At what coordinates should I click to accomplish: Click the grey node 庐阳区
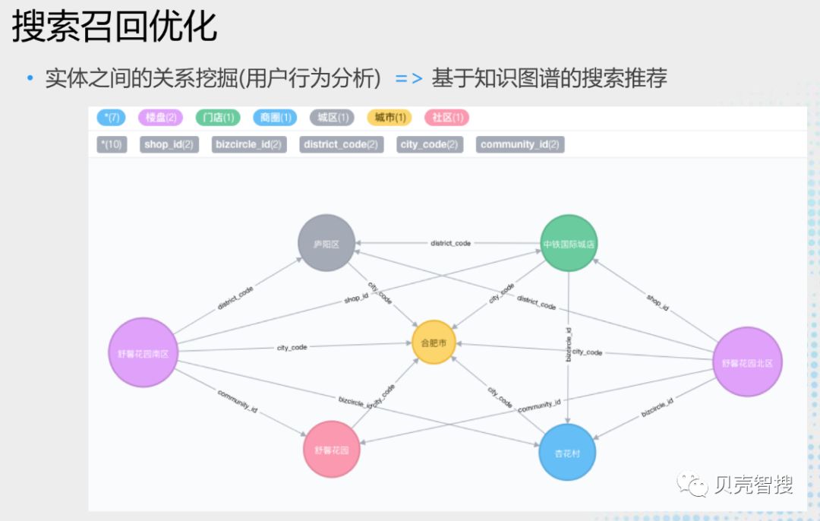326,244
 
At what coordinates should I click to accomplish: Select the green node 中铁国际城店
569,244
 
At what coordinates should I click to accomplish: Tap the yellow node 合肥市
434,343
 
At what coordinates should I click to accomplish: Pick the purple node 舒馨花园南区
143,353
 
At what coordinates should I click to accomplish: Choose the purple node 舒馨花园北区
747,362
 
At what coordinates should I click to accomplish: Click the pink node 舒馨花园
331,450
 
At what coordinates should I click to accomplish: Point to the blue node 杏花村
567,453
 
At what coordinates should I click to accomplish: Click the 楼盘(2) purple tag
160,118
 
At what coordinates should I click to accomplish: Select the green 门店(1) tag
218,118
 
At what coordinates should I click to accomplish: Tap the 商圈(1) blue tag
275,118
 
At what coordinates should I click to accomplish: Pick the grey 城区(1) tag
333,118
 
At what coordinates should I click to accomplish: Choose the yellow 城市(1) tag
389,118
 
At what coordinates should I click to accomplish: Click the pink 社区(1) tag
447,118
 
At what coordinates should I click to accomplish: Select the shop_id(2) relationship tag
169,144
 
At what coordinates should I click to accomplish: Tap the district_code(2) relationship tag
341,144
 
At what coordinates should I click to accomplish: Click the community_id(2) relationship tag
520,144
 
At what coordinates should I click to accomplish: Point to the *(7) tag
112,118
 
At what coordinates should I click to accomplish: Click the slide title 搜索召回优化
115,27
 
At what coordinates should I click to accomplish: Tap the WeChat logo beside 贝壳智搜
693,485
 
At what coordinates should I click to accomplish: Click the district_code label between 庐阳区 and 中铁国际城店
450,244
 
